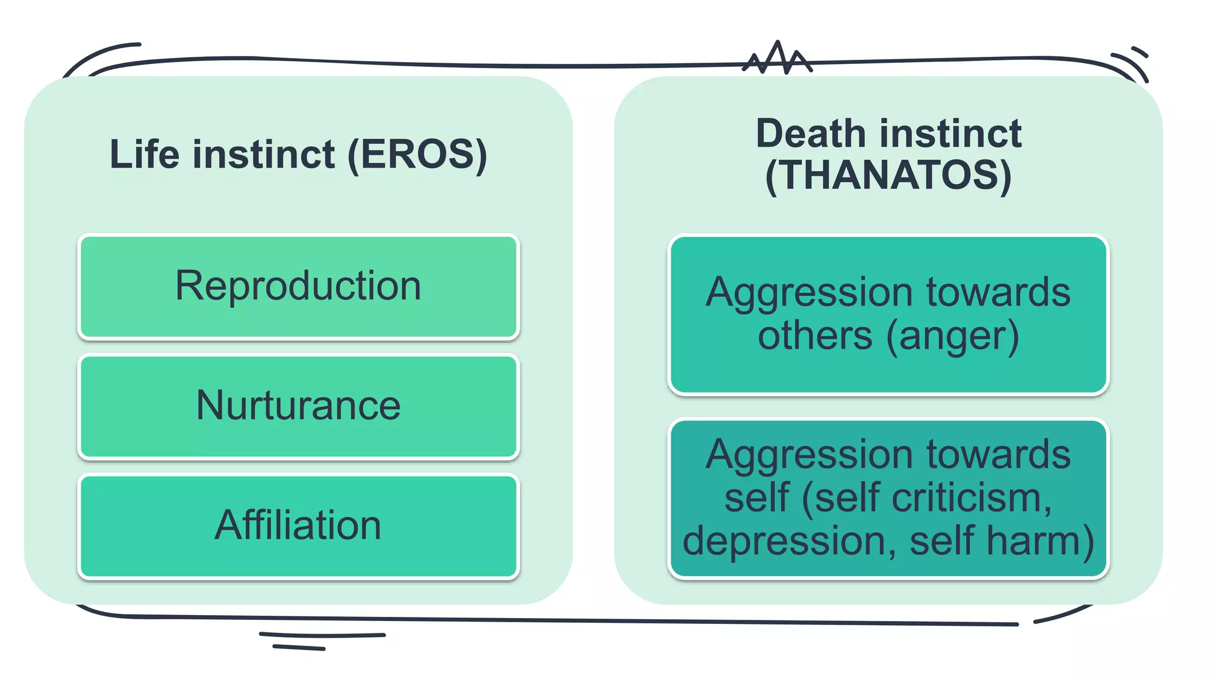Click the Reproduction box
pyautogui.click(x=299, y=287)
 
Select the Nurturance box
pyautogui.click(x=299, y=407)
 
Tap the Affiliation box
pyautogui.click(x=299, y=526)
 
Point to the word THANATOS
pyautogui.click(x=888, y=175)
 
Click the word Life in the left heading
pyautogui.click(x=145, y=154)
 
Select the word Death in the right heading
pyautogui.click(x=811, y=133)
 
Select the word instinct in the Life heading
pyautogui.click(x=264, y=154)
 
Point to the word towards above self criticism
pyautogui.click(x=999, y=454)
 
